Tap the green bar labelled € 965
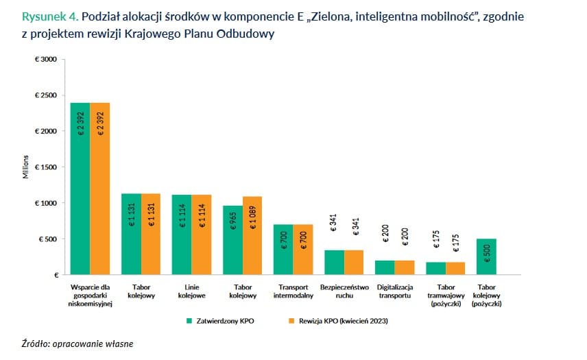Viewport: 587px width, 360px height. click(232, 240)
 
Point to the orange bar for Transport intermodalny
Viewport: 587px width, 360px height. click(303, 250)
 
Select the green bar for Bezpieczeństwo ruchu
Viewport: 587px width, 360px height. click(334, 262)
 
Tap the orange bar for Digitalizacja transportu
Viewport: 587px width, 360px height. click(404, 267)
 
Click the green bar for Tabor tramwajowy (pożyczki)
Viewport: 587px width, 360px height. click(435, 268)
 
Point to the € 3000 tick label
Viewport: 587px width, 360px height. click(46, 60)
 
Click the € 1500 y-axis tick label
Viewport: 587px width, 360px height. click(46, 167)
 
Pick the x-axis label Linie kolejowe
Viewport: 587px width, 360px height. click(191, 291)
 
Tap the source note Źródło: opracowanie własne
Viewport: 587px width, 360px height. click(77, 344)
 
